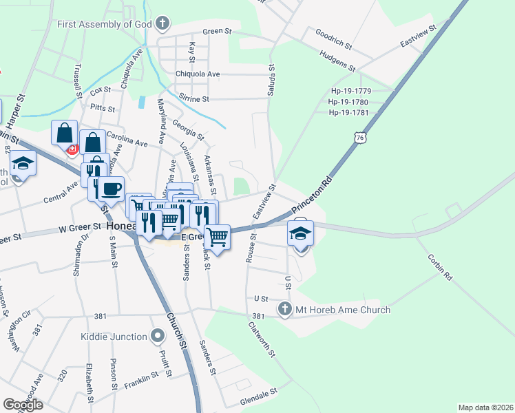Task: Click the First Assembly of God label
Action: coord(103,24)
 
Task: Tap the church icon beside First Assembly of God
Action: coord(162,25)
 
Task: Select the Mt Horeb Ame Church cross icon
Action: coord(284,310)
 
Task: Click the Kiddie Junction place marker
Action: coord(158,337)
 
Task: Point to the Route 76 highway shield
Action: coord(359,138)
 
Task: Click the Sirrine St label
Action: coord(193,98)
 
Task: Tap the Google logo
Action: coord(23,405)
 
